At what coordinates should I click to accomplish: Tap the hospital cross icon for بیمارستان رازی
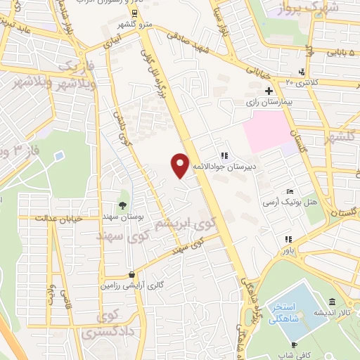pos(269,91)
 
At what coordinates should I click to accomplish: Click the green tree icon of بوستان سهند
pos(124,205)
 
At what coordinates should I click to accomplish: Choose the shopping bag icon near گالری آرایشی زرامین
pos(131,275)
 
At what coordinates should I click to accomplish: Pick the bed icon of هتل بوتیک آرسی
pos(290,191)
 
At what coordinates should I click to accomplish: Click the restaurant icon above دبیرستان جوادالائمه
pos(224,155)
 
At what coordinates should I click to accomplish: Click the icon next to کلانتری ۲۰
pos(301,71)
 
